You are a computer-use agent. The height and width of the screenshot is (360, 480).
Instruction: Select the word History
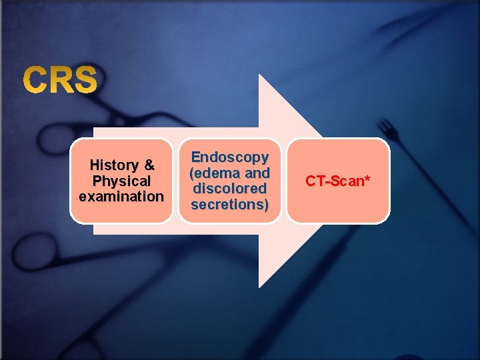pyautogui.click(x=113, y=165)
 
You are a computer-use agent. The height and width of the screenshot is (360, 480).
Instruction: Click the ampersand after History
pyautogui.click(x=149, y=165)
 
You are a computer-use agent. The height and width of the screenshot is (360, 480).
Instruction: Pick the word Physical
pyautogui.click(x=121, y=181)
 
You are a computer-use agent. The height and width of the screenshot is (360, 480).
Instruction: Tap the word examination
pyautogui.click(x=121, y=197)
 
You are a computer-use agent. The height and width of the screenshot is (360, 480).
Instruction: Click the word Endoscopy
pyautogui.click(x=230, y=157)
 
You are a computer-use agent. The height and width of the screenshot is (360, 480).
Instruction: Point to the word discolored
pyautogui.click(x=230, y=189)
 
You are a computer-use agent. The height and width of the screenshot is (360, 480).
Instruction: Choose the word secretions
pyautogui.click(x=228, y=204)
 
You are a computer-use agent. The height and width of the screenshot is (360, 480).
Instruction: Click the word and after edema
pyautogui.click(x=257, y=173)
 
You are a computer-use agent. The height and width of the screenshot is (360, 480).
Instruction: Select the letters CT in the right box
pyautogui.click(x=314, y=181)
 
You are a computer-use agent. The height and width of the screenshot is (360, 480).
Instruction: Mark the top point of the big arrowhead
pyautogui.click(x=260, y=75)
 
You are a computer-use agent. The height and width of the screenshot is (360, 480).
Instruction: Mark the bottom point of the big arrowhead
pyautogui.click(x=260, y=287)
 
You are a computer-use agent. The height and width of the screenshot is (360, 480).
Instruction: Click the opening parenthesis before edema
pyautogui.click(x=192, y=173)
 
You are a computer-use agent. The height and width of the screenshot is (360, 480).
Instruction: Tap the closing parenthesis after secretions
pyautogui.click(x=267, y=204)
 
